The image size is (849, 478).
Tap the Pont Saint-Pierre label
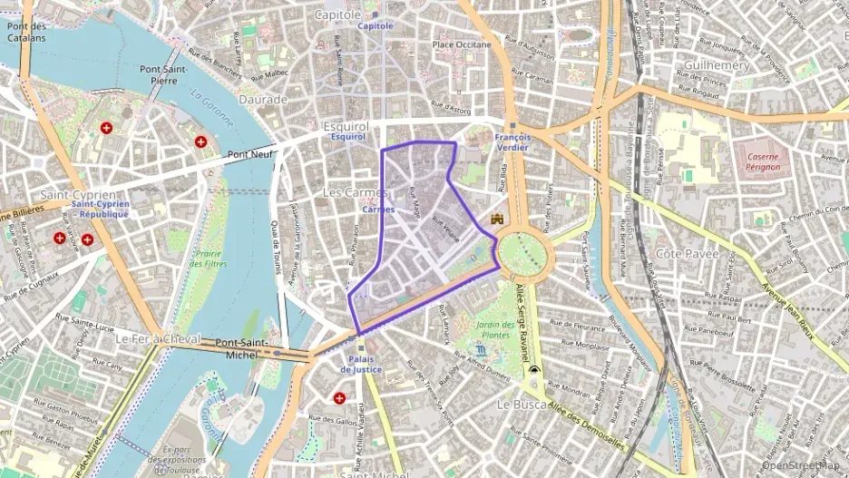click(163, 74)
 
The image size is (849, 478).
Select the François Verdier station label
click(512, 141)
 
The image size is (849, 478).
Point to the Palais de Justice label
click(361, 364)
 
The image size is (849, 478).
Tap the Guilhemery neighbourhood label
click(717, 65)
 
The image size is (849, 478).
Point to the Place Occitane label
click(462, 44)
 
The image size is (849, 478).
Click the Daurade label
click(263, 99)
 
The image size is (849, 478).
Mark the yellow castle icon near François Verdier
click(497, 219)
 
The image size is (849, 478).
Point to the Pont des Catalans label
click(27, 33)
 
